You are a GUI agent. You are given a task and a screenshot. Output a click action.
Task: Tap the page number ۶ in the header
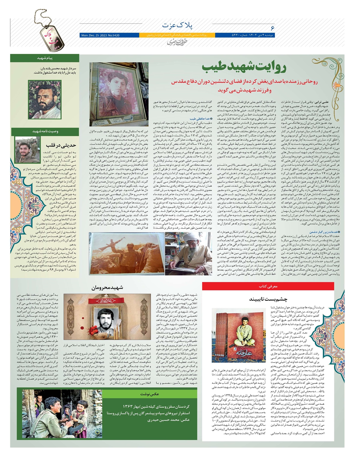(272, 28)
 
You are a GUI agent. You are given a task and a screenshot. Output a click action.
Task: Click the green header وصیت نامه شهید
(45, 131)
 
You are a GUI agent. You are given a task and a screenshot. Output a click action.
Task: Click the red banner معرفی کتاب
(268, 286)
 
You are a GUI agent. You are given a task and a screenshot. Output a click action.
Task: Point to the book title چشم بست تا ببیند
(268, 299)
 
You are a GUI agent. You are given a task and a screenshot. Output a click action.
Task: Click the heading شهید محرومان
(107, 288)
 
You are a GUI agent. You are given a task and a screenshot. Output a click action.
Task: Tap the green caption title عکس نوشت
(149, 394)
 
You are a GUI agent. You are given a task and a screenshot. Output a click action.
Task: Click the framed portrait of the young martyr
(119, 94)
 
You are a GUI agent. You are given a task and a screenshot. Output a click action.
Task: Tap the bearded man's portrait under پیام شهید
(44, 99)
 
